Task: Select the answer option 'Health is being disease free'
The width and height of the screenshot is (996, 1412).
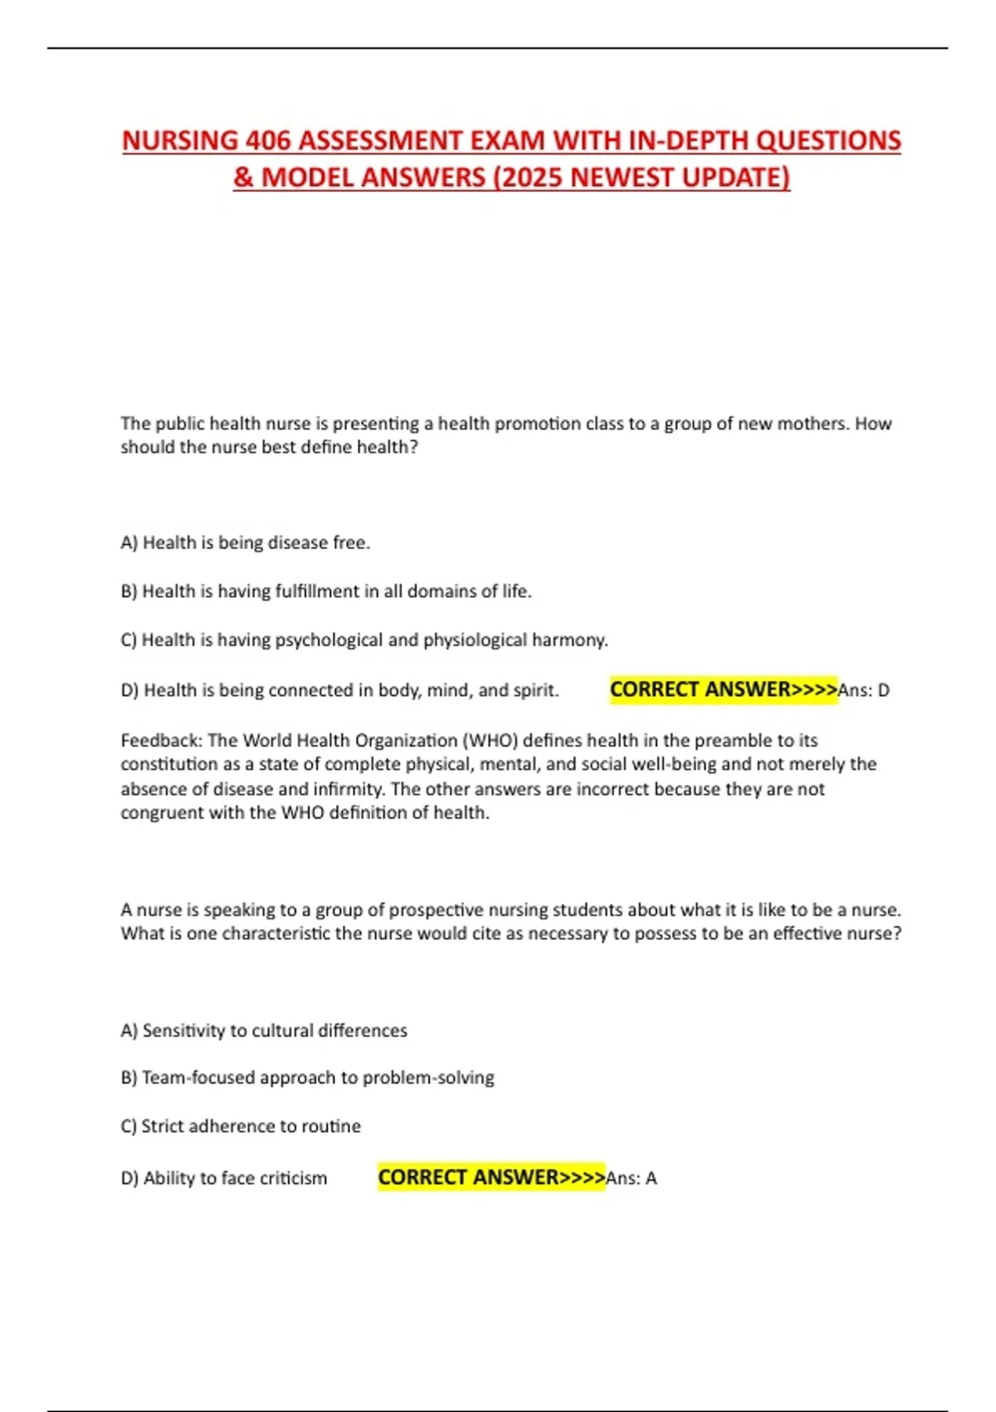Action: [x=246, y=543]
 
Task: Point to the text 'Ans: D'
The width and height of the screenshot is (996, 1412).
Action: [x=864, y=690]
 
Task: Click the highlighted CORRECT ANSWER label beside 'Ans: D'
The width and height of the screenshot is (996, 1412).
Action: [x=724, y=689]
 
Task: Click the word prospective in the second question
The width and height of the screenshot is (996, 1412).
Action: [x=437, y=909]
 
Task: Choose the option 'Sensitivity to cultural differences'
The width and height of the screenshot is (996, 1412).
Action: [x=264, y=1031]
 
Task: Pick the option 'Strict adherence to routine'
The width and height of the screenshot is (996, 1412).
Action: [x=241, y=1126]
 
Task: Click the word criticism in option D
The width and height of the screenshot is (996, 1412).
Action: [x=294, y=1179]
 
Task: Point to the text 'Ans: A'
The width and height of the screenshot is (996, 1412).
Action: [x=632, y=1179]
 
